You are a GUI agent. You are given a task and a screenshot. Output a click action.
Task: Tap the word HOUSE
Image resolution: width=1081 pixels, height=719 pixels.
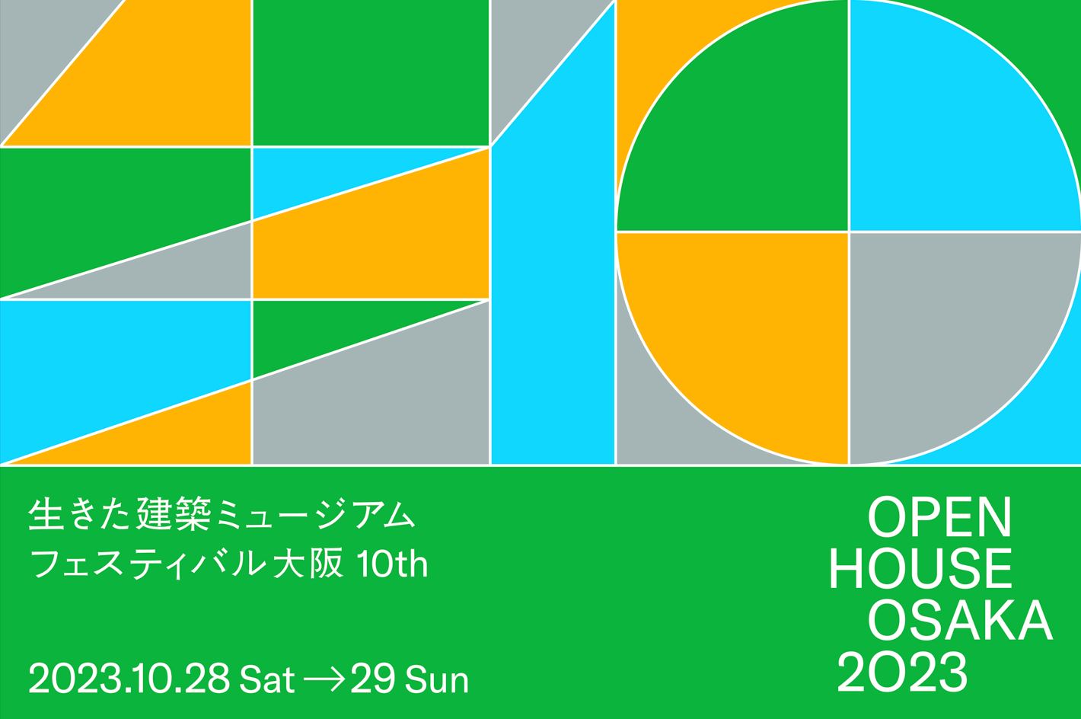(x=920, y=568)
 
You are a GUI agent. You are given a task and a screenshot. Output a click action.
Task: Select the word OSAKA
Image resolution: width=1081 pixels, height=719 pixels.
(x=960, y=620)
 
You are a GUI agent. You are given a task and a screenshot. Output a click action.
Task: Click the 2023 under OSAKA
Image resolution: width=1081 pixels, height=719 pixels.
(x=902, y=673)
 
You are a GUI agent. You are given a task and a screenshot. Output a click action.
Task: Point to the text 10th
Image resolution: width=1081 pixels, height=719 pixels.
(x=392, y=563)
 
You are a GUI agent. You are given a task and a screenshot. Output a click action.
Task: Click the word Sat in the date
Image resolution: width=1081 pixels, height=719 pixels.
(x=267, y=680)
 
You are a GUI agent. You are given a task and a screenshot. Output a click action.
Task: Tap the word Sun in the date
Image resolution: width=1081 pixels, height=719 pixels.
(x=437, y=680)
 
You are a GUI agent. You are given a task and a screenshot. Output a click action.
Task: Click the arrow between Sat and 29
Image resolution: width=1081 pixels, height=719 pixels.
(x=324, y=680)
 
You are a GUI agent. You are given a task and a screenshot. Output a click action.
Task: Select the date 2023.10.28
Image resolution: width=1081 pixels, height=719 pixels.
(x=129, y=679)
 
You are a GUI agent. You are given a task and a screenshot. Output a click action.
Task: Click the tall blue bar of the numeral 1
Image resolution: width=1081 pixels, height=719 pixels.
(x=553, y=270)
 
